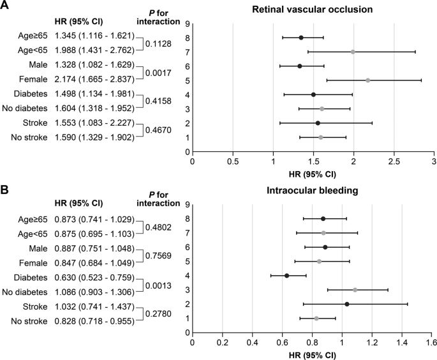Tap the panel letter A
click(x=5, y=6)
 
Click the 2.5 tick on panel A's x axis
click(x=394, y=161)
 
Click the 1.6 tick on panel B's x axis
click(x=431, y=343)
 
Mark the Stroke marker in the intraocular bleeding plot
click(x=346, y=304)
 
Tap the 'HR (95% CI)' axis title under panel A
click(x=313, y=173)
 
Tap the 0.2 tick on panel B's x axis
click(x=222, y=343)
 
